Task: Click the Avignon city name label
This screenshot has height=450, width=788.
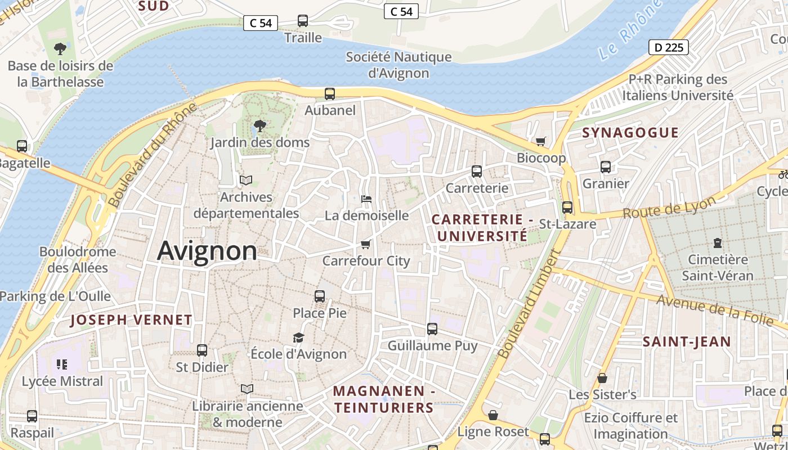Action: [x=207, y=251]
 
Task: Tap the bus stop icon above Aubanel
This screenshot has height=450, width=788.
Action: [x=330, y=94]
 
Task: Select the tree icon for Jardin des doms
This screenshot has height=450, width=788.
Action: [x=259, y=126]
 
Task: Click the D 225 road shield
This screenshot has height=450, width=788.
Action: [x=669, y=47]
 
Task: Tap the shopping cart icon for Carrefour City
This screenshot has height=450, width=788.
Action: [x=366, y=244]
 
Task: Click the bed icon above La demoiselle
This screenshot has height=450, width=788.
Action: [x=366, y=199]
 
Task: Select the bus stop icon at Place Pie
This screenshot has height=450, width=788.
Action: [x=320, y=296]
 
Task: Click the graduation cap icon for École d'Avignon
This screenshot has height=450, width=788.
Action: [x=298, y=337]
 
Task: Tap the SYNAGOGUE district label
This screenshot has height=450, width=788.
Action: [x=630, y=133]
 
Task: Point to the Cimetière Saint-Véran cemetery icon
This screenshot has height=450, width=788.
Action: [x=717, y=243]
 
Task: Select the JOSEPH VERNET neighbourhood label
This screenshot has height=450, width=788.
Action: [x=131, y=320]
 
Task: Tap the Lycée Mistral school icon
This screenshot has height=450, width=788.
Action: [x=62, y=364]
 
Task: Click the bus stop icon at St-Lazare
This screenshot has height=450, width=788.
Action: [x=567, y=207]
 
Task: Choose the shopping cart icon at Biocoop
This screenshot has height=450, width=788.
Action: [x=541, y=141]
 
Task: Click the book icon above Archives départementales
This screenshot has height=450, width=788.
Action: [x=246, y=180]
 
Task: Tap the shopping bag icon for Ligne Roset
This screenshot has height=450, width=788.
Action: [x=493, y=415]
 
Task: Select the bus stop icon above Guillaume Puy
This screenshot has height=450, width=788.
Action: [x=432, y=329]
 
